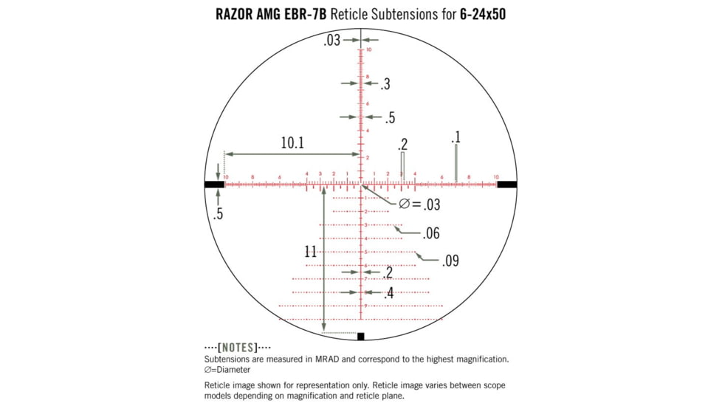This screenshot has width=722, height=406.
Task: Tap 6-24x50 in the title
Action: [477, 14]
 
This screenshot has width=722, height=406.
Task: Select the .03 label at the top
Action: [331, 41]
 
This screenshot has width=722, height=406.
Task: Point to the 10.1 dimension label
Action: [292, 143]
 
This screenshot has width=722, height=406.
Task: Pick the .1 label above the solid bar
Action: [455, 137]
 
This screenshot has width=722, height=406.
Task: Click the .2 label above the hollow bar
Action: [402, 144]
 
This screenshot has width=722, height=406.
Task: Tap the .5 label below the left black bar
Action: [218, 215]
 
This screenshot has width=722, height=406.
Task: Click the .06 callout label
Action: [431, 234]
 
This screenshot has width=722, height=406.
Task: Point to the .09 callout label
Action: [450, 261]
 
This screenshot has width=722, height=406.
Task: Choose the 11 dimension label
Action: [311, 252]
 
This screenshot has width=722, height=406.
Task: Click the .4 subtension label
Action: [388, 293]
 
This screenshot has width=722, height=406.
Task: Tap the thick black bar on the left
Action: [214, 185]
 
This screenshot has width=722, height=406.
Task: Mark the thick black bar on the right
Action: [507, 185]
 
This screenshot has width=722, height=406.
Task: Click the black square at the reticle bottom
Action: [360, 337]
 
